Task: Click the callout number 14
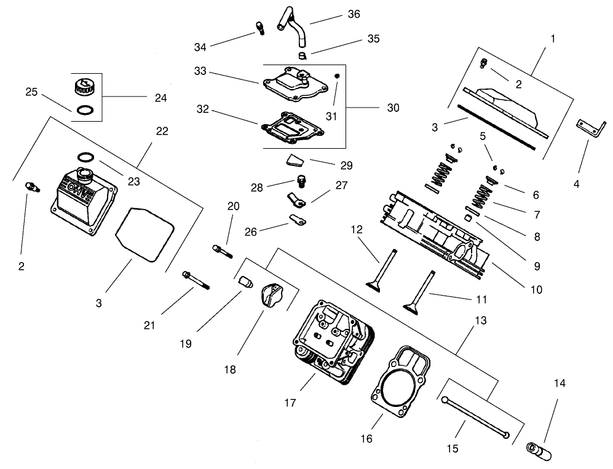coord(559,383)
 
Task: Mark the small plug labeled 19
coord(246,283)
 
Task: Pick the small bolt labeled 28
coord(301,181)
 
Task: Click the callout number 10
coord(537,288)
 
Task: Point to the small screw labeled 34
coord(259,27)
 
